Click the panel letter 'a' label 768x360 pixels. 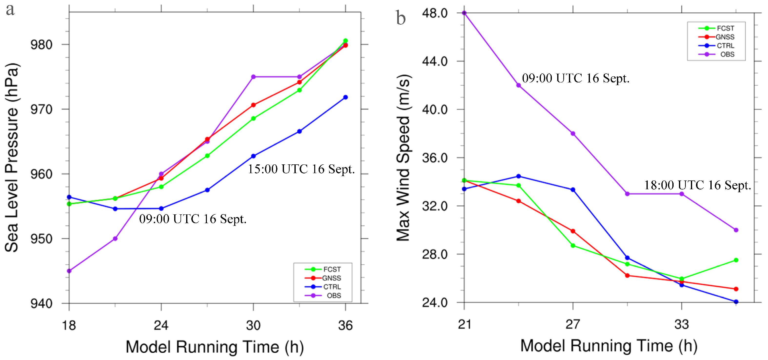click(x=10, y=10)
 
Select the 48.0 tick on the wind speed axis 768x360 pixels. click(x=435, y=13)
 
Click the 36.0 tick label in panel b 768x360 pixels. click(x=435, y=158)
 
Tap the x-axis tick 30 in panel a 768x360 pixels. click(x=253, y=325)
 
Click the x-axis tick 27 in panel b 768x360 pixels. click(x=573, y=324)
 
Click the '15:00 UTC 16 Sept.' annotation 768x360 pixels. click(x=301, y=169)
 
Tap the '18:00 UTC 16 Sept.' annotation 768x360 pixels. click(x=697, y=185)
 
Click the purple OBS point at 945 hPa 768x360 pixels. click(x=69, y=271)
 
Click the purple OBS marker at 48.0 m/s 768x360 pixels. click(x=464, y=13)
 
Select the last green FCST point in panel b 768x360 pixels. click(x=736, y=260)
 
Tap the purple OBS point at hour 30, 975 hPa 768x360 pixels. click(x=253, y=77)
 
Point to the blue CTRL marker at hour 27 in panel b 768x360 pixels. click(x=573, y=190)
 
